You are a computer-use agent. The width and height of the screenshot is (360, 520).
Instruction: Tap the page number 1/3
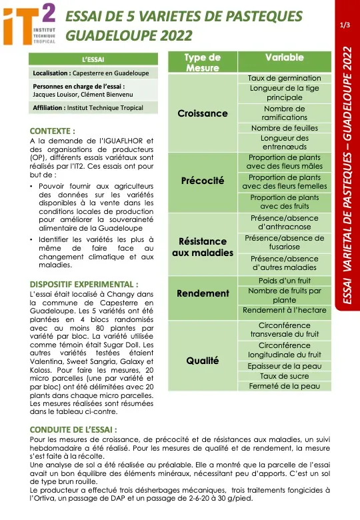tap(345, 25)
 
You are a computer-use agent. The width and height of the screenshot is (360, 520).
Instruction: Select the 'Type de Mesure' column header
tap(203, 63)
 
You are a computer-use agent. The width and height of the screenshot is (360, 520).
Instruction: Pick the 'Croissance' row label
tap(203, 113)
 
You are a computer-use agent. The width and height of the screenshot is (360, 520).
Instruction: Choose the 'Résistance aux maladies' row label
tap(203, 247)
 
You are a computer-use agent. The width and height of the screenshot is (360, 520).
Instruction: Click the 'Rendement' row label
tap(203, 294)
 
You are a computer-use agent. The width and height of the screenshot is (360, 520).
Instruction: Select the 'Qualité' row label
tap(203, 361)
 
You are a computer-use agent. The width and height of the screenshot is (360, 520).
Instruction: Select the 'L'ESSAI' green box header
tap(93, 59)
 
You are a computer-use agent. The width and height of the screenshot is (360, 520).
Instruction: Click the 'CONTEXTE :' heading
tap(53, 131)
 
